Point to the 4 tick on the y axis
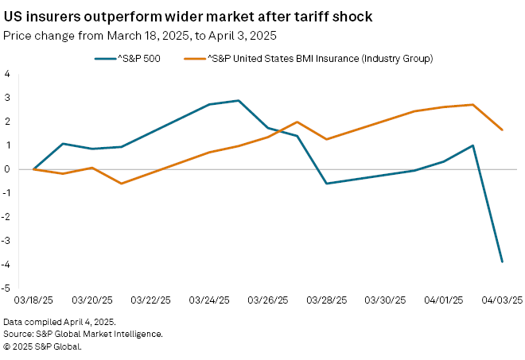coord(7,74)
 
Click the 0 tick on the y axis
coord(7,169)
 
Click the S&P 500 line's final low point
coord(502,261)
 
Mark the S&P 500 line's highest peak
coord(239,101)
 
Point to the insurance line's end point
coord(502,130)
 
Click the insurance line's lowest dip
coord(122,184)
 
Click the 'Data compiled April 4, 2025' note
coord(60,322)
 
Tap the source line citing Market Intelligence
coord(83,334)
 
